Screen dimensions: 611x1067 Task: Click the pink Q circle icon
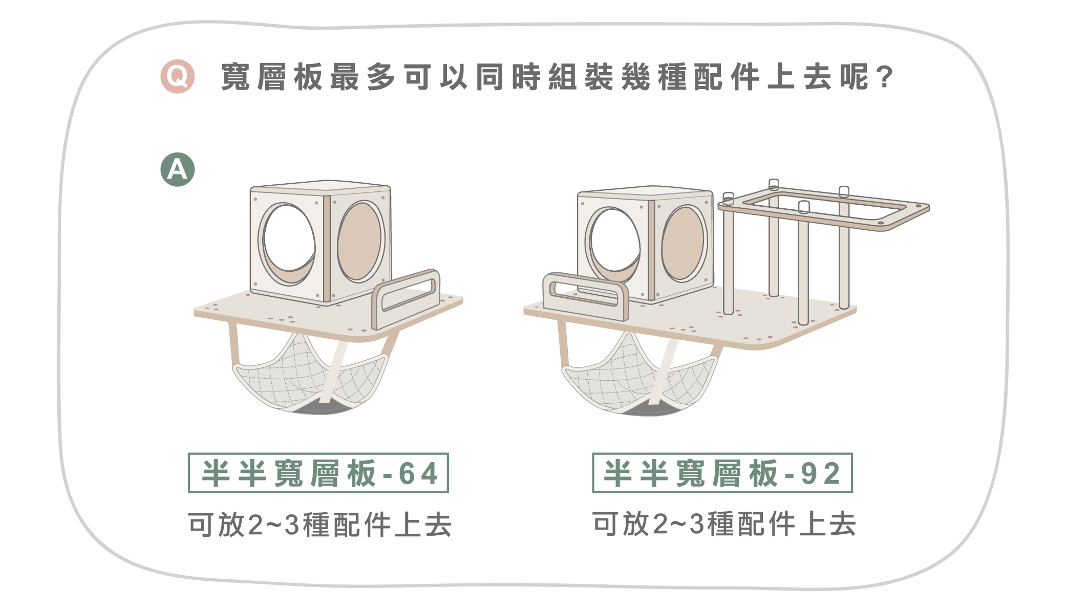coord(177,77)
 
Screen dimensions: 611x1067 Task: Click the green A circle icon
coord(177,169)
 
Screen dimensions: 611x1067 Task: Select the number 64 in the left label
coord(418,473)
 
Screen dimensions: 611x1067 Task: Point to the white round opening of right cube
coord(614,241)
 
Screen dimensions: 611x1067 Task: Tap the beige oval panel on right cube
coord(684,243)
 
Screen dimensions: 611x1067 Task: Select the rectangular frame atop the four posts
coord(824,207)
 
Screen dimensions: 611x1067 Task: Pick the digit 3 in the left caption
coord(291,526)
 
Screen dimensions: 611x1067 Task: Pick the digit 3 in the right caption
coord(696,525)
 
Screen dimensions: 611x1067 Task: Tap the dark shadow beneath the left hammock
coord(320,408)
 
